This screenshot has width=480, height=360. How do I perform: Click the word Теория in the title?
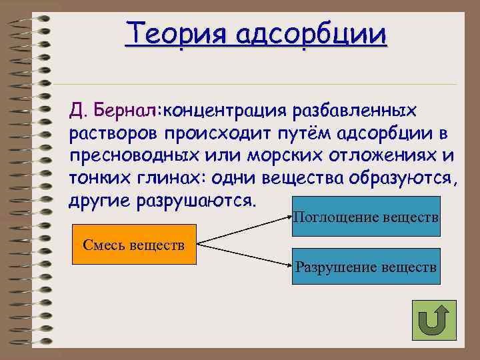[171, 33]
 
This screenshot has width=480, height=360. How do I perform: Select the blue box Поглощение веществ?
[366, 217]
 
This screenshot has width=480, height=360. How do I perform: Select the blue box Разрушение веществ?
[366, 267]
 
